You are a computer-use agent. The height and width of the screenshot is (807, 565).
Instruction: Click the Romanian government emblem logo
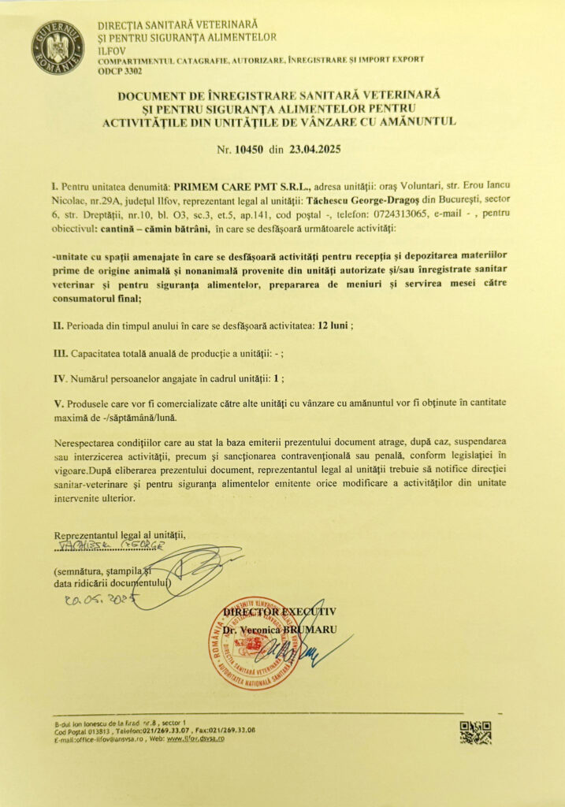click(x=58, y=47)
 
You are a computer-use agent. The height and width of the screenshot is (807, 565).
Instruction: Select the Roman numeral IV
click(x=59, y=378)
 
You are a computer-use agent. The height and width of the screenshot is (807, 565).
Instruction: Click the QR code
click(x=475, y=732)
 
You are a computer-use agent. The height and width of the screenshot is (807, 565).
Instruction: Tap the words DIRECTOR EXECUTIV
click(x=280, y=611)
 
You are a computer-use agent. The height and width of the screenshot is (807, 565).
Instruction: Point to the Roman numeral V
click(x=57, y=404)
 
